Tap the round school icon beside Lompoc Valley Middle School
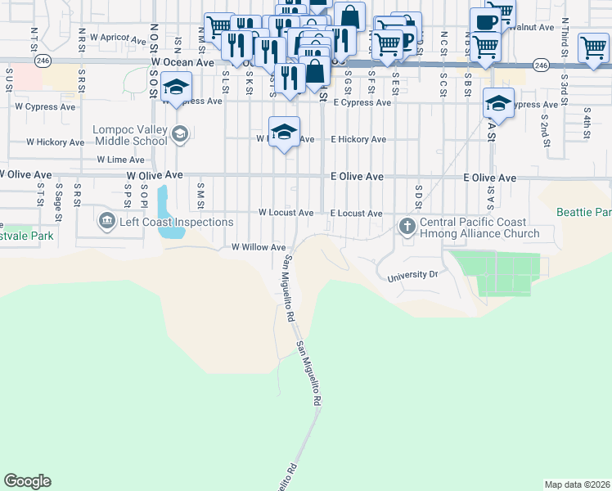181,133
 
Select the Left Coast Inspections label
175,222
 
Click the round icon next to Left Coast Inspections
106,221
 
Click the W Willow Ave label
259,247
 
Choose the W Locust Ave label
286,213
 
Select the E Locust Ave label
356,214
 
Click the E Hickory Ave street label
358,140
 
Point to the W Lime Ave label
120,160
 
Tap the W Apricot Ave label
118,38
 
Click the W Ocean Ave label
182,62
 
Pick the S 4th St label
587,131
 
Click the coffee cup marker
484,22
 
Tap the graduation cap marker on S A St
497,103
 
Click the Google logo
28,481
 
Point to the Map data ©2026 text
577,484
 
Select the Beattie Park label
584,212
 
